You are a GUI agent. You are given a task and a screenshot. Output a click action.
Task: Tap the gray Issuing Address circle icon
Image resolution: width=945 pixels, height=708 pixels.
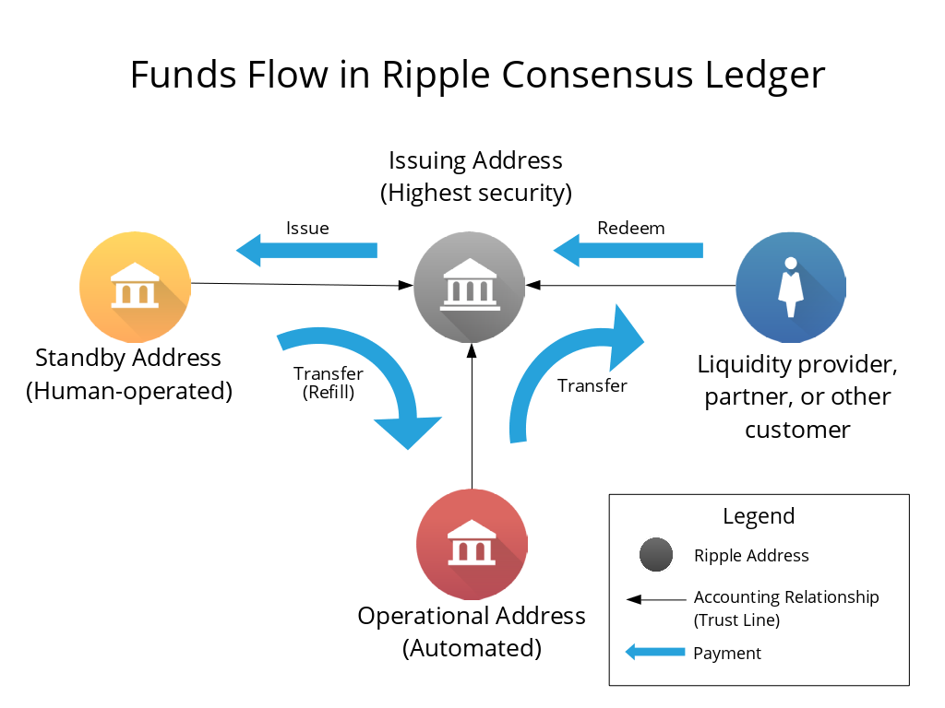pos(470,287)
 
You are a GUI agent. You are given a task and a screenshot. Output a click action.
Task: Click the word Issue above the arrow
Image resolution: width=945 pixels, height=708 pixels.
pos(307,228)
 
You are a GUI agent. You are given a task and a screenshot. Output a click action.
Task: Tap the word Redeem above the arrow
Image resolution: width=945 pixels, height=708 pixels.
pos(630,228)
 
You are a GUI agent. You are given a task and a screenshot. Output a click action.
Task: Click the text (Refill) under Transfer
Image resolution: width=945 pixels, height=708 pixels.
pos(329,392)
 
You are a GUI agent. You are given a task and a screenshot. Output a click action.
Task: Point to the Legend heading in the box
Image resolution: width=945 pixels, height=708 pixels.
pos(759,516)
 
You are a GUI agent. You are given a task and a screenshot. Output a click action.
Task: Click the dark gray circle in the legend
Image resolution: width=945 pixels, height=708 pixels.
pos(655,555)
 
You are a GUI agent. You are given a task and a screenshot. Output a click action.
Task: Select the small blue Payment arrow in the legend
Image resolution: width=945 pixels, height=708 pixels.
pos(655,653)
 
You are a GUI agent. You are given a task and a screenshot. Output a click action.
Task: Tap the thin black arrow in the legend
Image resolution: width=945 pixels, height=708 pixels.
pos(655,599)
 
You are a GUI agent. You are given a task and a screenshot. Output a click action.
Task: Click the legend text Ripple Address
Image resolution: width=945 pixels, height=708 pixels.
pos(751,555)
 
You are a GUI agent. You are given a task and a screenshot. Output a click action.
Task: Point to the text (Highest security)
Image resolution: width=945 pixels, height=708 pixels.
pos(475,193)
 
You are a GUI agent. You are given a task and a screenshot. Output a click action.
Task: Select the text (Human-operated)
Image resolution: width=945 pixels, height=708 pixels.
pos(128,390)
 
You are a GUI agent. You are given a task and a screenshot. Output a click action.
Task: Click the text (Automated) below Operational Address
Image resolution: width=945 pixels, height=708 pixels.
pos(472,647)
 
